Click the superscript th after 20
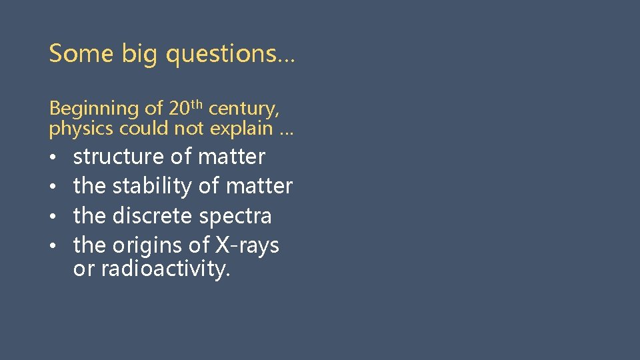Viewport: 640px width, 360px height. point(197,104)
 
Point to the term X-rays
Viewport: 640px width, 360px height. point(247,246)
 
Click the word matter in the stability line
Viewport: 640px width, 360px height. point(259,186)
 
